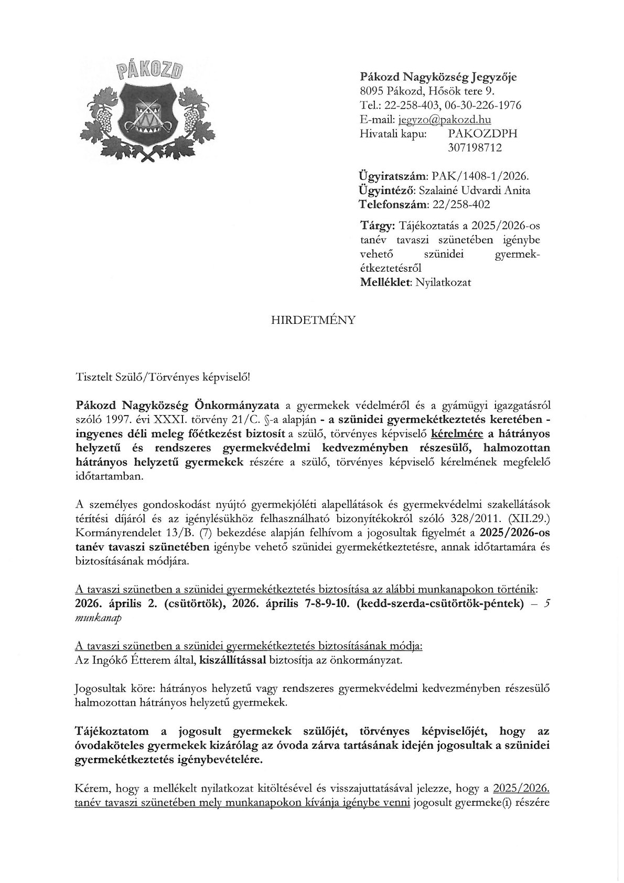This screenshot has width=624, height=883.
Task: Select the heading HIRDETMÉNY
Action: pyautogui.click(x=313, y=320)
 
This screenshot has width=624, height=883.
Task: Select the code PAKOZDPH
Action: pyautogui.click(x=482, y=133)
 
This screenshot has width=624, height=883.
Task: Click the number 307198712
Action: pyautogui.click(x=475, y=147)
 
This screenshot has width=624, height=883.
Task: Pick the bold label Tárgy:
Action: pyautogui.click(x=378, y=226)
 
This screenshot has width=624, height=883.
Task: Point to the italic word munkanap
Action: pyautogui.click(x=99, y=618)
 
